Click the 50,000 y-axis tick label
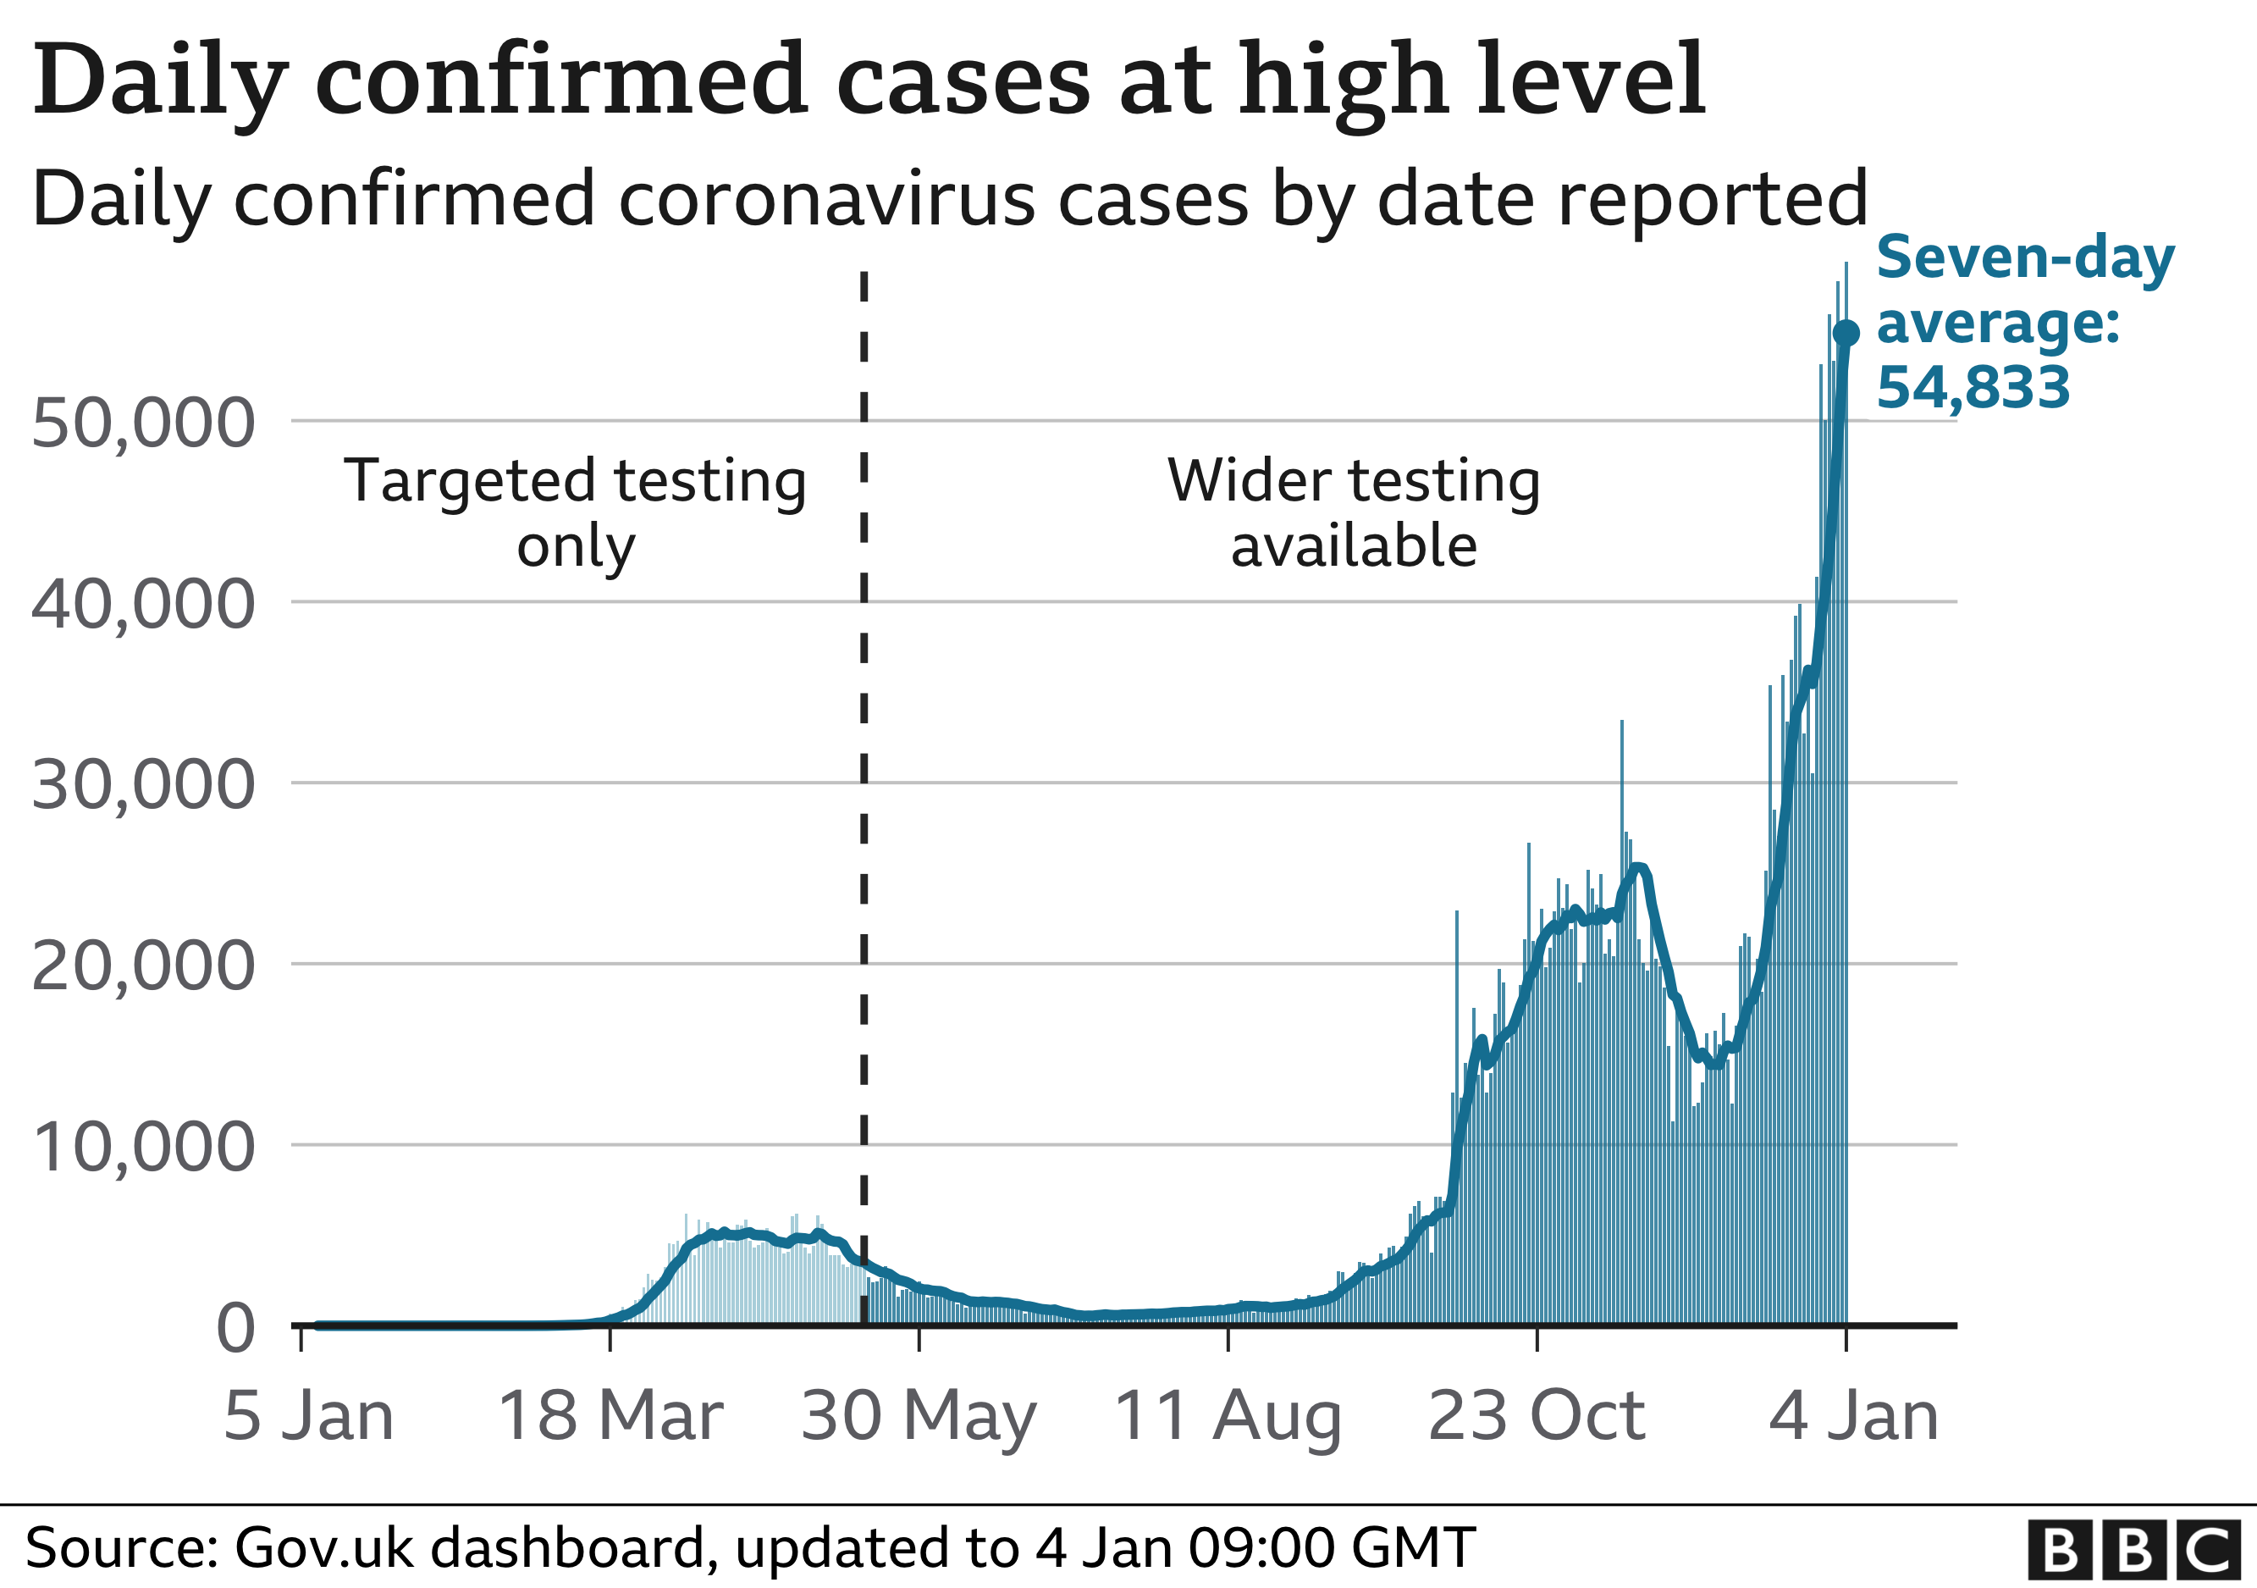(x=144, y=425)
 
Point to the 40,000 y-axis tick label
(x=144, y=606)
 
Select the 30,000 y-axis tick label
(x=144, y=787)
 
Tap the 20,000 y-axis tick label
(x=144, y=967)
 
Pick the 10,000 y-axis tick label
(x=144, y=1148)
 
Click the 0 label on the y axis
(x=236, y=1330)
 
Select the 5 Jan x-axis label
(x=307, y=1417)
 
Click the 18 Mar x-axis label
(x=610, y=1417)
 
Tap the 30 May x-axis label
(x=919, y=1417)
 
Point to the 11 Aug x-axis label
(x=1228, y=1417)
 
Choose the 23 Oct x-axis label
(x=1537, y=1417)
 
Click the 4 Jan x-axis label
(x=1853, y=1417)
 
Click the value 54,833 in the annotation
(x=1973, y=387)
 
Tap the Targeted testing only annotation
(x=575, y=513)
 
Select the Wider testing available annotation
(x=1354, y=513)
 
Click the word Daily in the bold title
(x=160, y=80)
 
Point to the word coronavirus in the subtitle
(x=825, y=200)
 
